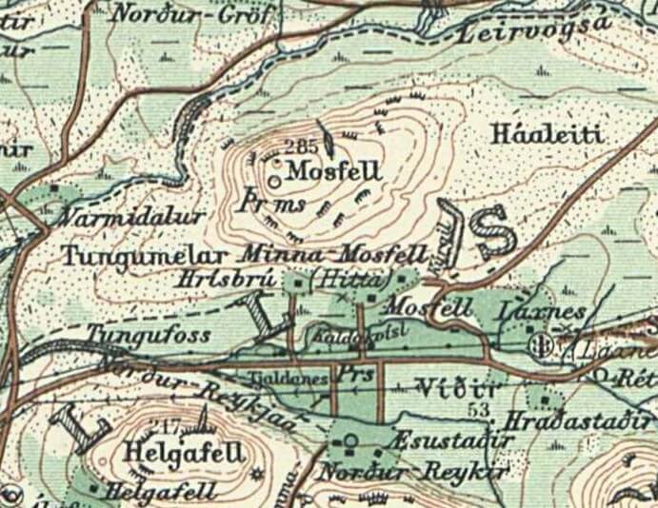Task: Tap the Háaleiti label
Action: [547, 135]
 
